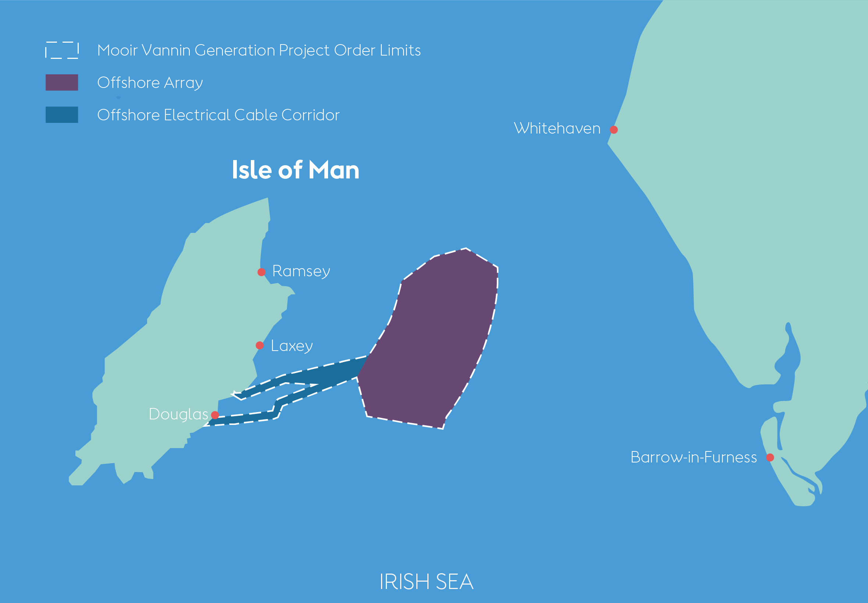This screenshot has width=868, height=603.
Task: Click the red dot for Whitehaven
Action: [x=614, y=130]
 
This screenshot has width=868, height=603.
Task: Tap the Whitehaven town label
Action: [x=557, y=128]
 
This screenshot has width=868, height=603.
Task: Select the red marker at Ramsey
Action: [x=262, y=272]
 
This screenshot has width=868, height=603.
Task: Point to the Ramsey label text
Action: [x=301, y=271]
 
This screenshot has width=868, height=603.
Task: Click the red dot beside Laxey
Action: [x=260, y=345]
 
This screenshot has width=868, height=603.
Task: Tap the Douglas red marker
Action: [x=215, y=415]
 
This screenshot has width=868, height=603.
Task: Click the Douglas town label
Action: [x=178, y=414]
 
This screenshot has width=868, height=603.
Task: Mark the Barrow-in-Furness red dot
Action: [x=770, y=458]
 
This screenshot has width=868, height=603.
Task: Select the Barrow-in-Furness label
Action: [x=694, y=457]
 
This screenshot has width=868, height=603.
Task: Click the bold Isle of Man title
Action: [x=295, y=170]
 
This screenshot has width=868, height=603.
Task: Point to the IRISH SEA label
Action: [x=426, y=581]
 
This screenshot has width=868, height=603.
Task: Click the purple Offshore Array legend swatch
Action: [x=62, y=82]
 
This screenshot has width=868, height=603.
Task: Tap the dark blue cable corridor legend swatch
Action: [x=62, y=115]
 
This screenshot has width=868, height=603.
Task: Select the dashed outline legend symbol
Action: [x=62, y=50]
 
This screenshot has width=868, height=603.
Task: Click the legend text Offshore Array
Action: [x=150, y=83]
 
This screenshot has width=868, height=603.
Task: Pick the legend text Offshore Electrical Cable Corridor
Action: [x=218, y=115]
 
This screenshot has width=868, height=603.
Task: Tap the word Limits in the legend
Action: [x=401, y=50]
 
